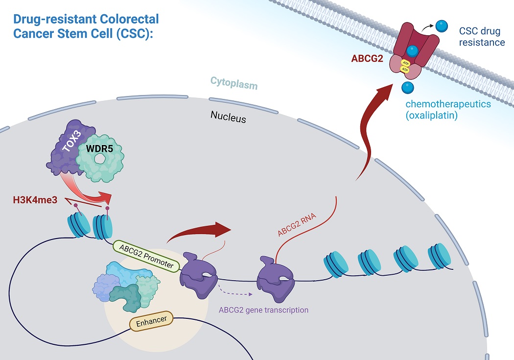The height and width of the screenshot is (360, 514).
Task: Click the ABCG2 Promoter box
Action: pos(146,256)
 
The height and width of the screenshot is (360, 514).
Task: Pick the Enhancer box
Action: pos(152,321)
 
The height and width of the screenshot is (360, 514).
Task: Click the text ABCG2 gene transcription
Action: pos(263,310)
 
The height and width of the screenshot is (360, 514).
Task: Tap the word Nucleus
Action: pos(228,117)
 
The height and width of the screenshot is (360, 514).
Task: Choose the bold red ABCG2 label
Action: pos(367,58)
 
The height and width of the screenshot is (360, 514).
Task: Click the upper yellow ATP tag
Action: pos(405,63)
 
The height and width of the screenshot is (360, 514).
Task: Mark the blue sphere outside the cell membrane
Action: pos(442,26)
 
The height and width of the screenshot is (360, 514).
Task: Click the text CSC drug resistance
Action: pos(482,36)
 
